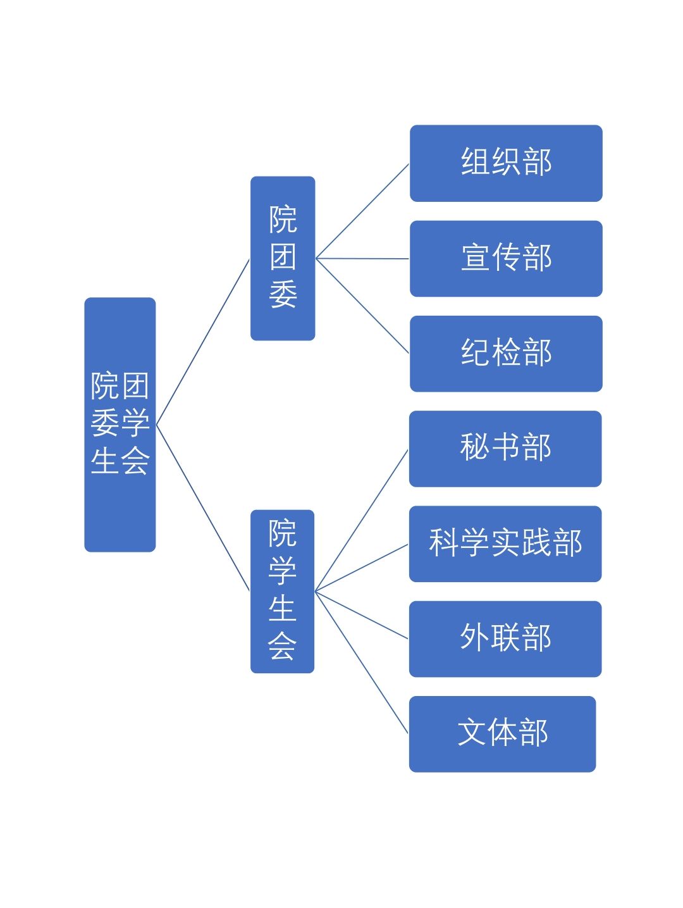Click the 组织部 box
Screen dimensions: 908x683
pyautogui.click(x=506, y=163)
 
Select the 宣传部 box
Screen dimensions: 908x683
pyautogui.click(x=506, y=258)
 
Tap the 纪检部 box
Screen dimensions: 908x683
pyautogui.click(x=506, y=354)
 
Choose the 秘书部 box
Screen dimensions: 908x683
pyautogui.click(x=505, y=449)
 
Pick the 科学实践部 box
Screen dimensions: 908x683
pyautogui.click(x=505, y=544)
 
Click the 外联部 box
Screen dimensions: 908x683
pyautogui.click(x=505, y=638)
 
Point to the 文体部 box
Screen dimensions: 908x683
pyautogui.click(x=502, y=734)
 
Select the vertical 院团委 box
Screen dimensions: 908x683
pyautogui.click(x=283, y=258)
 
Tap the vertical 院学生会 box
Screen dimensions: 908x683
pyautogui.click(x=282, y=591)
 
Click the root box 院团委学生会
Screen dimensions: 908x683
pyautogui.click(x=120, y=425)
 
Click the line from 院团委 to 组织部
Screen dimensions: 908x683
pyautogui.click(x=362, y=211)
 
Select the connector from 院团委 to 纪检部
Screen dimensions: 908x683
pyautogui.click(x=362, y=306)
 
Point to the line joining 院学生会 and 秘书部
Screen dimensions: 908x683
pyautogui.click(x=362, y=520)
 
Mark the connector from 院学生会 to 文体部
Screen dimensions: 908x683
pyautogui.click(x=362, y=662)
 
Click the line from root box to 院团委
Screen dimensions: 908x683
pyautogui.click(x=203, y=342)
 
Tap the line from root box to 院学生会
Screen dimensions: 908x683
pyautogui.click(x=203, y=507)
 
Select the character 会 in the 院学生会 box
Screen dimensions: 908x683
pyautogui.click(x=282, y=647)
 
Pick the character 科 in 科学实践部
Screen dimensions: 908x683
pyautogui.click(x=443, y=543)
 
